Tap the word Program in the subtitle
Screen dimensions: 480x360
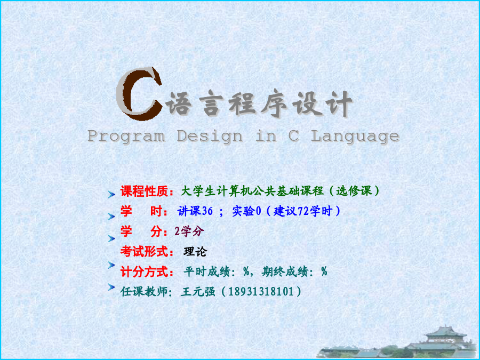[x=126, y=136]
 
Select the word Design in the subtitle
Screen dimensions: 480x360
[x=210, y=136]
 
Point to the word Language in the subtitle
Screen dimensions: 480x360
[x=355, y=136]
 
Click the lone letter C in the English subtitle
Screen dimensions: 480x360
[x=293, y=135]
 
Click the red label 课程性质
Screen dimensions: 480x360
[x=144, y=191]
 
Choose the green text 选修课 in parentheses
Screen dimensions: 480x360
[x=354, y=191]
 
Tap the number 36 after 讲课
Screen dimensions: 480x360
[x=207, y=211]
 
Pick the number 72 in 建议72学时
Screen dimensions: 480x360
[x=303, y=211]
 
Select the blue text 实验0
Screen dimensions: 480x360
[x=246, y=211]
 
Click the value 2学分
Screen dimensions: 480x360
[x=189, y=231]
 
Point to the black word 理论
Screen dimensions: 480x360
[x=195, y=252]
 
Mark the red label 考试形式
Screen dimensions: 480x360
[x=144, y=252]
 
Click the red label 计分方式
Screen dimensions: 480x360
[x=144, y=272]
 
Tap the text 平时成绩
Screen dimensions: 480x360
[x=207, y=271]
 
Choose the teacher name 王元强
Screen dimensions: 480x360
[x=198, y=291]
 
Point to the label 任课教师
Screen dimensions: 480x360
[x=144, y=291]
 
